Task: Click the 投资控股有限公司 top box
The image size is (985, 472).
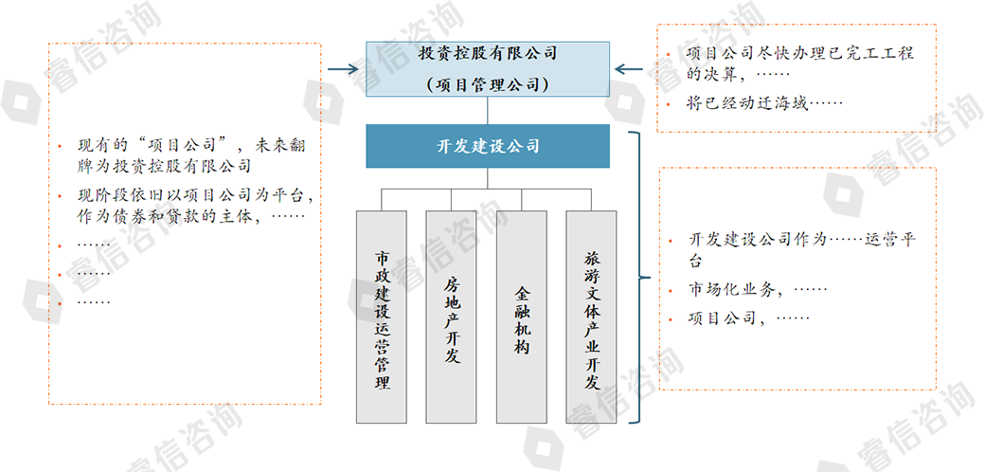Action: click(x=488, y=53)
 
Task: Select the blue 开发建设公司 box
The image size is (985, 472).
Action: click(x=488, y=146)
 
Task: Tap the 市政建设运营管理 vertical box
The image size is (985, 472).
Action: click(x=382, y=317)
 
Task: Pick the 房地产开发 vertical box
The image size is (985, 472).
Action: click(x=451, y=317)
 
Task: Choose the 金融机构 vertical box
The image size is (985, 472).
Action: click(x=522, y=317)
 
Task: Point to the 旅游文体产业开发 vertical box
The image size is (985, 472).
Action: click(x=592, y=317)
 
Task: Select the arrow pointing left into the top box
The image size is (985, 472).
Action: click(x=630, y=68)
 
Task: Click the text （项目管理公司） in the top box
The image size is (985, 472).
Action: click(x=488, y=83)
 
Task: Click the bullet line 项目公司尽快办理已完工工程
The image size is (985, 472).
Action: click(x=800, y=54)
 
